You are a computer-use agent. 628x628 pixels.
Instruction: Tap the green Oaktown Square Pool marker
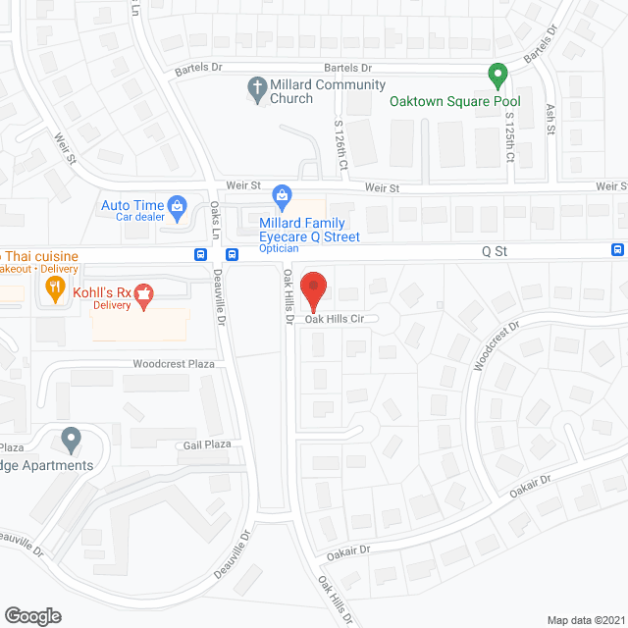(497, 75)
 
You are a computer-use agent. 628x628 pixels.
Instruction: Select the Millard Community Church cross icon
(257, 87)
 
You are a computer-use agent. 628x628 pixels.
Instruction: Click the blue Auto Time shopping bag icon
(178, 205)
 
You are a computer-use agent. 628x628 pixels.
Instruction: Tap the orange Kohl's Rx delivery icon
(143, 294)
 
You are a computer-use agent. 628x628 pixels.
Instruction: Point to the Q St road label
(494, 250)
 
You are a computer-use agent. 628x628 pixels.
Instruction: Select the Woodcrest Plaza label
(174, 364)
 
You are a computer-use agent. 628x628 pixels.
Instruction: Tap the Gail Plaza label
(206, 445)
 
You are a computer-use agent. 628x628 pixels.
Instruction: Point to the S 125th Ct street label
(509, 137)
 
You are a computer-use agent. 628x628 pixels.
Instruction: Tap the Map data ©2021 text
(584, 619)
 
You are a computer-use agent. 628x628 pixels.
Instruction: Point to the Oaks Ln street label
(215, 220)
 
